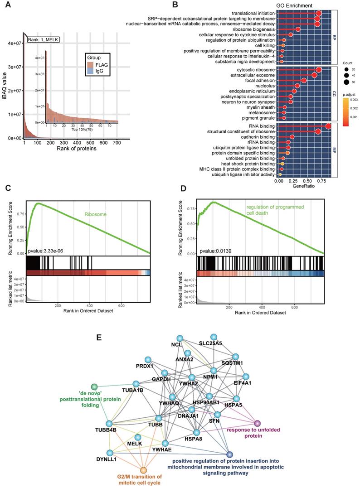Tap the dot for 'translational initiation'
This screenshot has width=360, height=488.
(x=318, y=14)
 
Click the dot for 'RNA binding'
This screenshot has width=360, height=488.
(x=328, y=126)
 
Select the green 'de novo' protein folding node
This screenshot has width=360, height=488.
(x=94, y=387)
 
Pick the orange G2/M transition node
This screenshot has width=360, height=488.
(x=144, y=471)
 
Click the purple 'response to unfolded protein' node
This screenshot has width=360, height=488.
(x=257, y=423)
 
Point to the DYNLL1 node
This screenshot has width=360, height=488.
(x=109, y=453)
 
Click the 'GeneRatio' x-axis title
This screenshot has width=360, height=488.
(x=303, y=186)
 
